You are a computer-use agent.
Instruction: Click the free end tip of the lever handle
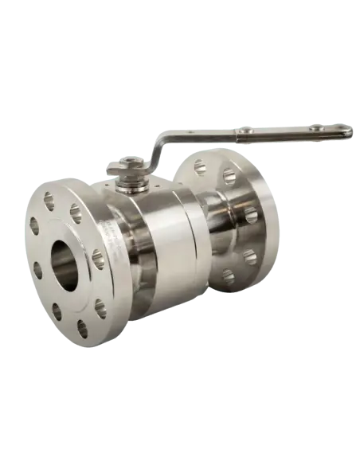[350, 132]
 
